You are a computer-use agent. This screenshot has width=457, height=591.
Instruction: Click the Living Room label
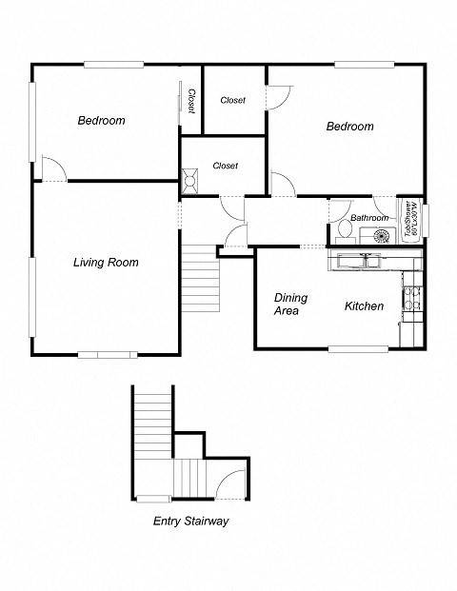[x=106, y=263]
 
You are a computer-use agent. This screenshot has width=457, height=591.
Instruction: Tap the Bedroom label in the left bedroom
[x=101, y=121]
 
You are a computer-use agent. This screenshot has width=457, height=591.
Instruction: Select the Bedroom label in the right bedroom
[x=349, y=127]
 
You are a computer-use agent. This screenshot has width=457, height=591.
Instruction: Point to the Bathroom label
[x=368, y=218]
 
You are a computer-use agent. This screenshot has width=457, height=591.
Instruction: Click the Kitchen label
[x=364, y=306]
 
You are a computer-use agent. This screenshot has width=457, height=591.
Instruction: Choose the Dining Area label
[x=290, y=304]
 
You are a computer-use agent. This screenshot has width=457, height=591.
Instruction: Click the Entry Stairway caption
[x=190, y=522]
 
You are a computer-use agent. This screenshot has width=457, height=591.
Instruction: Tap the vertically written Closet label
[x=190, y=101]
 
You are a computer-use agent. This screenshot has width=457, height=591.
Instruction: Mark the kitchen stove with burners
[x=412, y=300]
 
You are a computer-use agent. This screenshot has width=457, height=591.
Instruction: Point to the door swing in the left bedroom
[x=53, y=168]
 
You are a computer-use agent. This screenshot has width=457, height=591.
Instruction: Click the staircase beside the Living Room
[x=201, y=277]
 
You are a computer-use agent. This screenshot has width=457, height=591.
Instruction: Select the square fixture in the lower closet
[x=190, y=176]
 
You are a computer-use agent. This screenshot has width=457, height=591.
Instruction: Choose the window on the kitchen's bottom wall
[x=358, y=349]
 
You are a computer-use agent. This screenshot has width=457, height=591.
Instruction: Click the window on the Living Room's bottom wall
[x=107, y=355]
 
